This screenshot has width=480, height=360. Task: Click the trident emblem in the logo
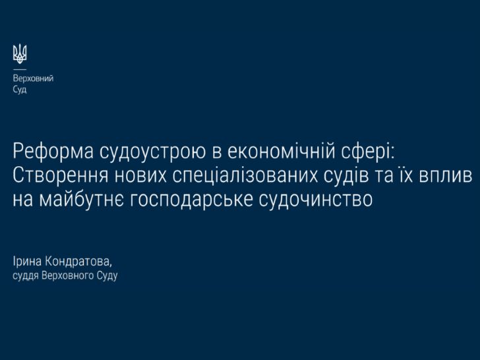pyautogui.click(x=20, y=54)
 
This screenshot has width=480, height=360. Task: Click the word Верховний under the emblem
pyautogui.click(x=33, y=78)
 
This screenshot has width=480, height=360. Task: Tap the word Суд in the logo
pyautogui.click(x=20, y=90)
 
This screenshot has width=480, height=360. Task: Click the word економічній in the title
pyautogui.click(x=282, y=151)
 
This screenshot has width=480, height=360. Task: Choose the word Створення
pyautogui.click(x=61, y=176)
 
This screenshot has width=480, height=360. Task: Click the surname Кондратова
pyautogui.click(x=77, y=262)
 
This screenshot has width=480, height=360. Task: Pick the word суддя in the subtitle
pyautogui.click(x=26, y=276)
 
